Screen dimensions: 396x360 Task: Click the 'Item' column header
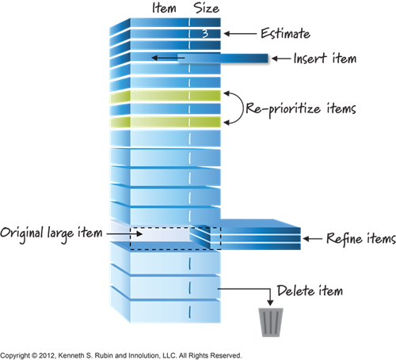point(164,8)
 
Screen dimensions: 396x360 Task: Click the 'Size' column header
point(207,8)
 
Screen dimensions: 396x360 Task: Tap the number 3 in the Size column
point(205,33)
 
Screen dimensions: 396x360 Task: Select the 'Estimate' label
point(285,33)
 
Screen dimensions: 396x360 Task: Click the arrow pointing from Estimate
point(240,33)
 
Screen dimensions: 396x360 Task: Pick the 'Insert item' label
point(325,59)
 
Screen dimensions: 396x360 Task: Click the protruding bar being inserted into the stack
point(223,59)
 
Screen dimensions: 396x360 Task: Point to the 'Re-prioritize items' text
point(301,108)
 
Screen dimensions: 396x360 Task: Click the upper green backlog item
point(165,96)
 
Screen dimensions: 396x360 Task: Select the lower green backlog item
point(165,122)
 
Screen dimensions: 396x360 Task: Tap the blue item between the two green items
point(165,109)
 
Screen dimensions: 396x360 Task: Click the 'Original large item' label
point(51,233)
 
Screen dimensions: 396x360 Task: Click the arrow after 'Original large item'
point(124,233)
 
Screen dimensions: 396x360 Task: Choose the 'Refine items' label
point(361,239)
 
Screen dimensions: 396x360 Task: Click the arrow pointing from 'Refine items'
point(313,239)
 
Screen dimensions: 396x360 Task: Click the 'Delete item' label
point(310,290)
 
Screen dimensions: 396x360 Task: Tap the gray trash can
point(271,322)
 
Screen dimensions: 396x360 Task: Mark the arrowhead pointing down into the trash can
point(270,302)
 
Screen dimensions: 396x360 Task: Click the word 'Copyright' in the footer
point(15,355)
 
